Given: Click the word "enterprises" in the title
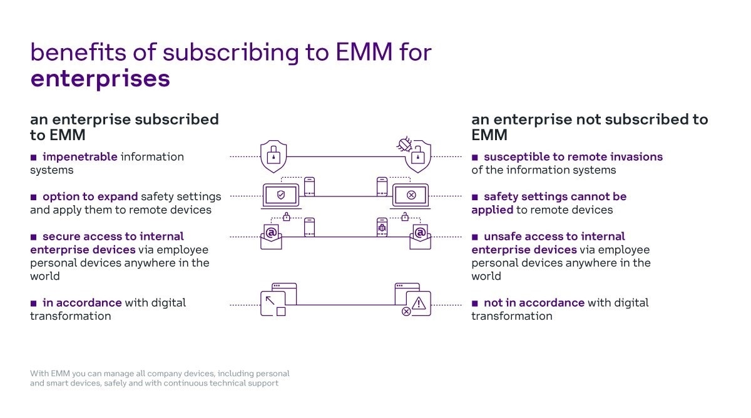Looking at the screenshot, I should click(100, 79).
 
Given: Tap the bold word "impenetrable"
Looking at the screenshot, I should click(79, 156).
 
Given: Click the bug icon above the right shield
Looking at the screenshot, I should click(404, 145).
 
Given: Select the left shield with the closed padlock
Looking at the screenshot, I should click(273, 156).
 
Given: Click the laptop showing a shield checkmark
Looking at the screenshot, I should click(280, 196).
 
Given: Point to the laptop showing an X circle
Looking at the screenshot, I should click(411, 196).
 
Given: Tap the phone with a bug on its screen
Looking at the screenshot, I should click(382, 227).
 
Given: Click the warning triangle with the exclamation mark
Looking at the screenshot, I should click(419, 303).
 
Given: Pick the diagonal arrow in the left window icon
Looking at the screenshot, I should click(271, 301).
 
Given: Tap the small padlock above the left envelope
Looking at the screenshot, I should click(287, 217).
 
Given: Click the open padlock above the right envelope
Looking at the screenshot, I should click(405, 217).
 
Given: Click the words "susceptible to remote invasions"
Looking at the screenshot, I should click(573, 156).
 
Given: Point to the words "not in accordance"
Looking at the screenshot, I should click(534, 302).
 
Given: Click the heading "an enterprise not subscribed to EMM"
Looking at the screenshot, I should click(589, 126).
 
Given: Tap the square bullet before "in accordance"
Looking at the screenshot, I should click(34, 303).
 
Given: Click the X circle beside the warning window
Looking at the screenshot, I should click(406, 311).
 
